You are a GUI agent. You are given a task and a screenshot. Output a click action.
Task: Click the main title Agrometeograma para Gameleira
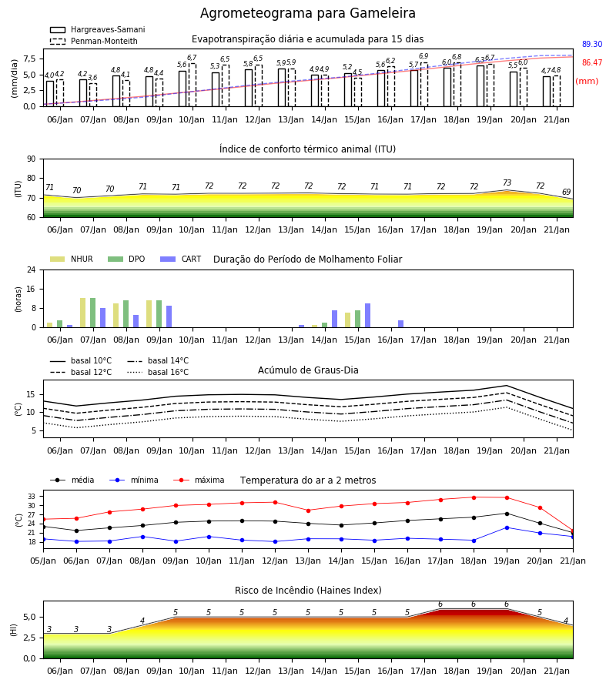[307, 13]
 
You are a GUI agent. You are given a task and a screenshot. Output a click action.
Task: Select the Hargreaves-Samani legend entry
[98, 29]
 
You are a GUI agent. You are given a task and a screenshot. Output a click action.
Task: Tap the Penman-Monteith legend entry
[94, 41]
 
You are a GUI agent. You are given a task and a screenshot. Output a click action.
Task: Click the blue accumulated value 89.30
[592, 44]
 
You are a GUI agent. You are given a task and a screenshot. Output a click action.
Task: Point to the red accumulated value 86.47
[592, 63]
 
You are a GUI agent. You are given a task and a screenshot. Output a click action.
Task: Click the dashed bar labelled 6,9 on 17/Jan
[423, 85]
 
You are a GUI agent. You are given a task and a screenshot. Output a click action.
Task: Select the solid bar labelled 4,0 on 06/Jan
[50, 94]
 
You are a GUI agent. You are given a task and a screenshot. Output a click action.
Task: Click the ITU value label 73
[507, 182]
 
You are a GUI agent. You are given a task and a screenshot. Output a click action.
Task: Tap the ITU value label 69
[566, 192]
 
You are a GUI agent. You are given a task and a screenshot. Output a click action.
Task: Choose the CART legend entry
[181, 259]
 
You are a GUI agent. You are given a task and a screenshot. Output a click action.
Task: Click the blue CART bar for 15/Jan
[367, 316]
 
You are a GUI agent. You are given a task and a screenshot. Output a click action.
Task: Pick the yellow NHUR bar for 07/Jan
[82, 313]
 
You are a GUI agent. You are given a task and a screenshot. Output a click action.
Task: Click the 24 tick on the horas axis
[32, 269]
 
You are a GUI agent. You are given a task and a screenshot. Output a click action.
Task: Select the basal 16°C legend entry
[158, 372]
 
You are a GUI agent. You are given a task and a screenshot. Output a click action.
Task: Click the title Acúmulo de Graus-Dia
[308, 370]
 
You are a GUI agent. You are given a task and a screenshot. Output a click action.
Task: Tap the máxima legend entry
[199, 480]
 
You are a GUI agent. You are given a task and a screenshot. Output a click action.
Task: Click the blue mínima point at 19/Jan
[507, 527]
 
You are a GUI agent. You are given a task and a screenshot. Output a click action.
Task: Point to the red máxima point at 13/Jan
[309, 511]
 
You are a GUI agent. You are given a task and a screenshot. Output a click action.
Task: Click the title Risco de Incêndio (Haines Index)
[308, 591]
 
